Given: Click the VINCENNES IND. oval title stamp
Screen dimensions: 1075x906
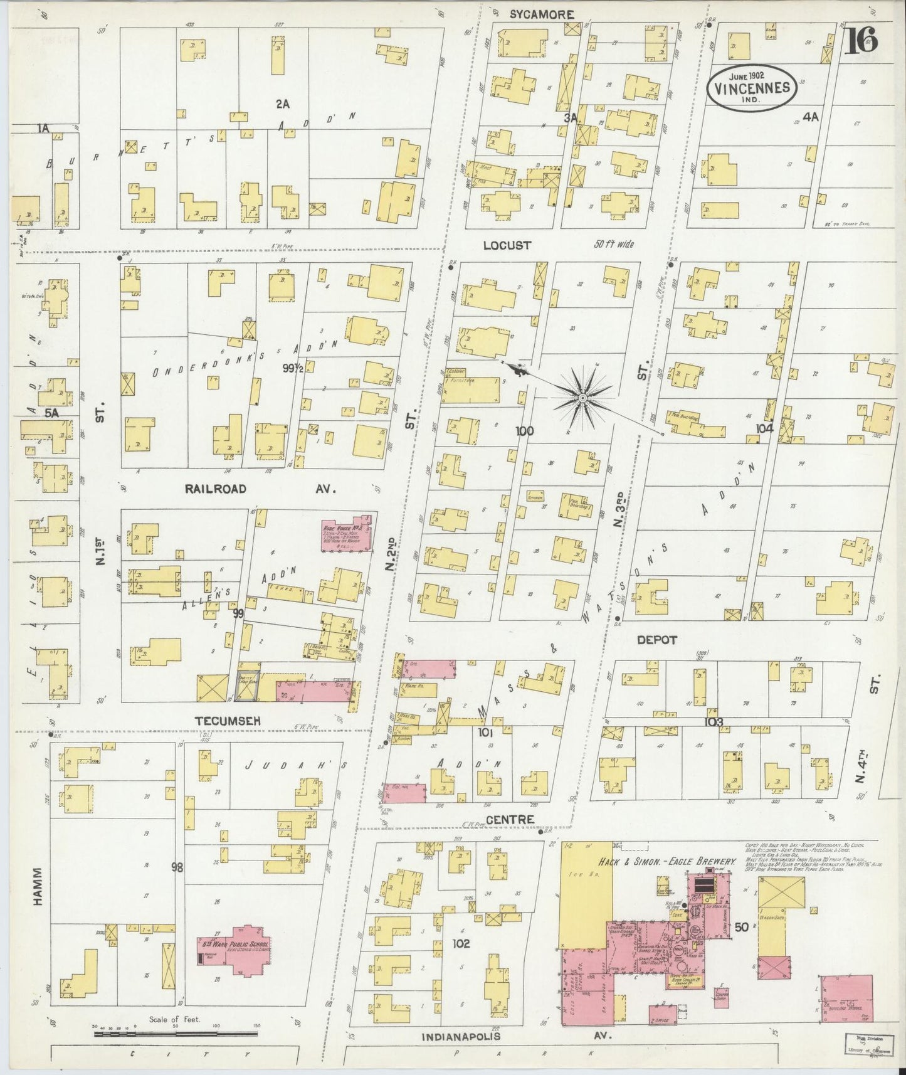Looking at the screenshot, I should click(752, 88).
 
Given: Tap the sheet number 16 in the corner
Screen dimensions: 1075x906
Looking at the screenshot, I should click(863, 41).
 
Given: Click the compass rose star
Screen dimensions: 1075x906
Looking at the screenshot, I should click(583, 399).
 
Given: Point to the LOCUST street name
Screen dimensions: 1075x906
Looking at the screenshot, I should click(507, 246).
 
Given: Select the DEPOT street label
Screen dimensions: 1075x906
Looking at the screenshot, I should click(657, 640).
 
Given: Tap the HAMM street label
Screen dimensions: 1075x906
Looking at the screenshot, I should click(38, 886).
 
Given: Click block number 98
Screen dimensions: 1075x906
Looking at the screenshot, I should click(177, 867).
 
